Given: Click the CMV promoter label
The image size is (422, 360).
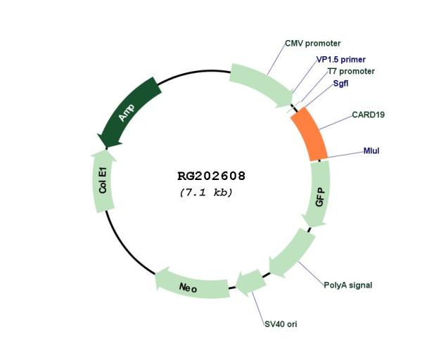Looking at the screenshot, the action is click(313, 44).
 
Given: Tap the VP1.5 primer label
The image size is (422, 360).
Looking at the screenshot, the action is click(340, 60).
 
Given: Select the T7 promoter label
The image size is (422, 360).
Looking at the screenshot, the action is click(351, 71).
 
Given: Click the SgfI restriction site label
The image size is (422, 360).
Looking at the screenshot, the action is click(340, 84).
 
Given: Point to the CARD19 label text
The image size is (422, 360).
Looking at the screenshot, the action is click(368, 115).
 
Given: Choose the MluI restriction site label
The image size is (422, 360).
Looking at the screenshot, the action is click(371, 150).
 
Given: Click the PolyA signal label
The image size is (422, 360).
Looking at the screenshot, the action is click(347, 285).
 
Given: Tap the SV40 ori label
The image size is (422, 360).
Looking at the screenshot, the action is click(281, 324).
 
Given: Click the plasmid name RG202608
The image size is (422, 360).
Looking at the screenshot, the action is click(211, 176).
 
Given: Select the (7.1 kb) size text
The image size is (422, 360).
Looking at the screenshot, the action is click(206, 193).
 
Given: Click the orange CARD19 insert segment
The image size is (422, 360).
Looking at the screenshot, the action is click(309, 134).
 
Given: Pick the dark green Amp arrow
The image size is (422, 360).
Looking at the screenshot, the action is click(129, 112).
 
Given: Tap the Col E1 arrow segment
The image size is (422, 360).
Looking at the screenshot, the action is click(103, 181).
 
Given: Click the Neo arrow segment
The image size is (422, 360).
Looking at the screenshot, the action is click(192, 284).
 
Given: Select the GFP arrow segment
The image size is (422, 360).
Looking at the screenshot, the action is click(317, 194).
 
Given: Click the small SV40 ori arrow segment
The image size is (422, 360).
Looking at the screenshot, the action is click(250, 283).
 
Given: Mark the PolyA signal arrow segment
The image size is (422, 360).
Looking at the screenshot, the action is click(292, 253).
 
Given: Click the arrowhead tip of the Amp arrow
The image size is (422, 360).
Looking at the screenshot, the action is click(107, 148).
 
